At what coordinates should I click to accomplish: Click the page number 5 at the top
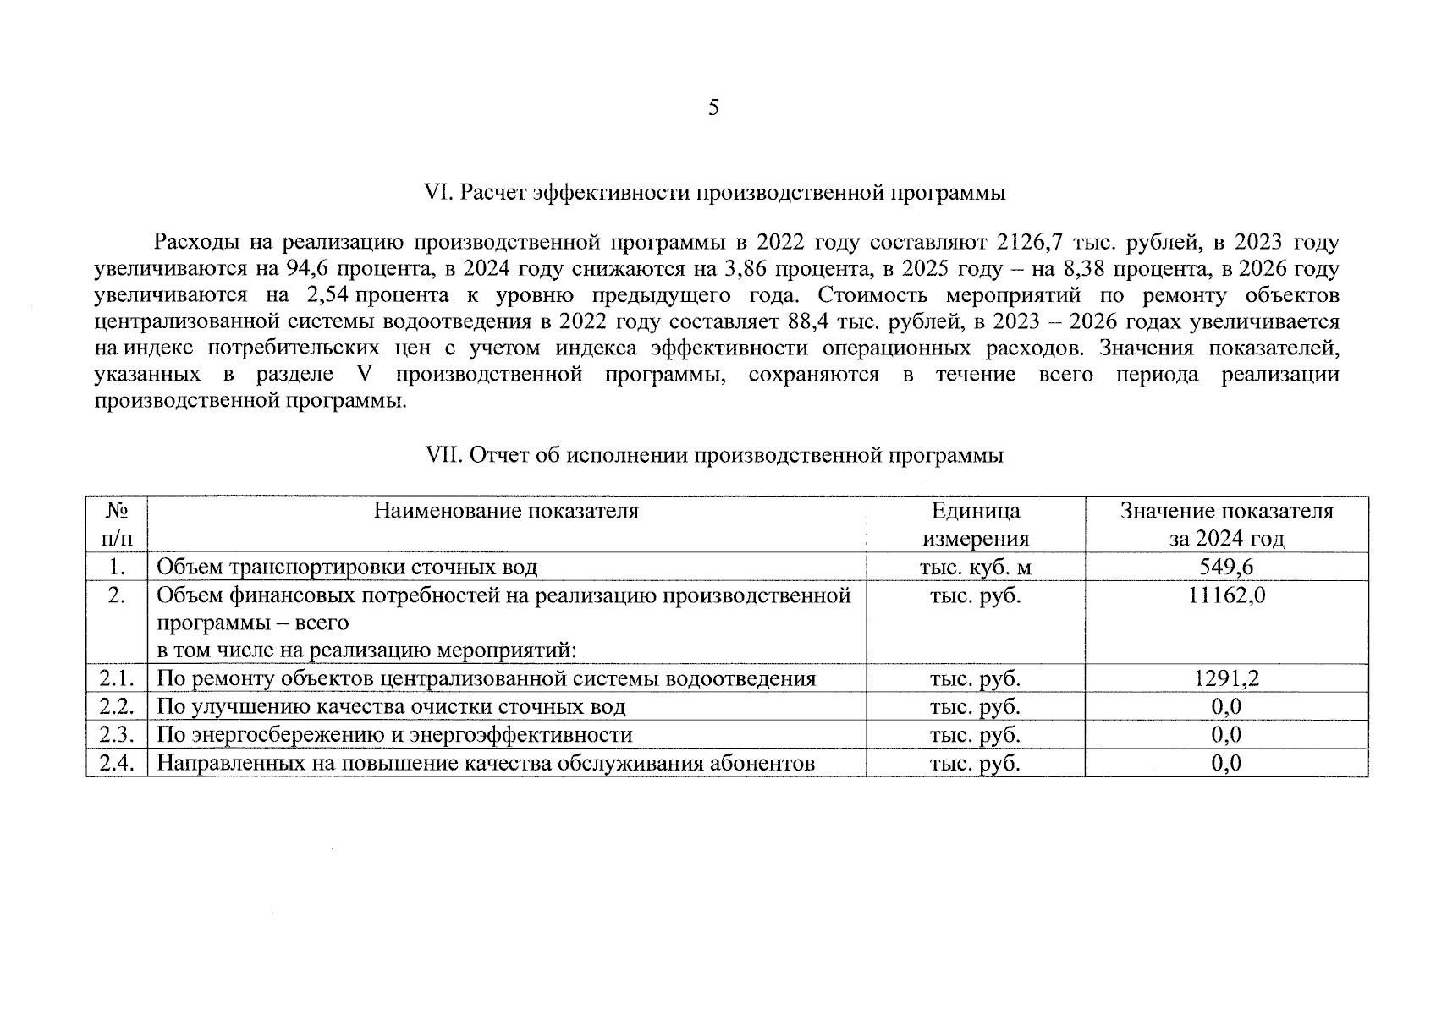pos(713,107)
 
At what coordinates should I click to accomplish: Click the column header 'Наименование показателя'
pos(506,511)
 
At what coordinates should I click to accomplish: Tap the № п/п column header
pos(117,524)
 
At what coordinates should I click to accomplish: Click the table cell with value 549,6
pos(1226,568)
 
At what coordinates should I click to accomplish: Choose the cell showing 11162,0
pos(1226,595)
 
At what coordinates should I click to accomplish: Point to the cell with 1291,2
pos(1226,679)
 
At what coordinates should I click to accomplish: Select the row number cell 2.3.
pos(117,735)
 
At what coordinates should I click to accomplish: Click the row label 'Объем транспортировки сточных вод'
pos(347,568)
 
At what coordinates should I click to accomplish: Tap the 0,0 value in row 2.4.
pos(1226,764)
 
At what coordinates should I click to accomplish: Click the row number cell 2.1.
pos(117,679)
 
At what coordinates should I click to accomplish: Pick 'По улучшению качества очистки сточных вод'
pos(391,707)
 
